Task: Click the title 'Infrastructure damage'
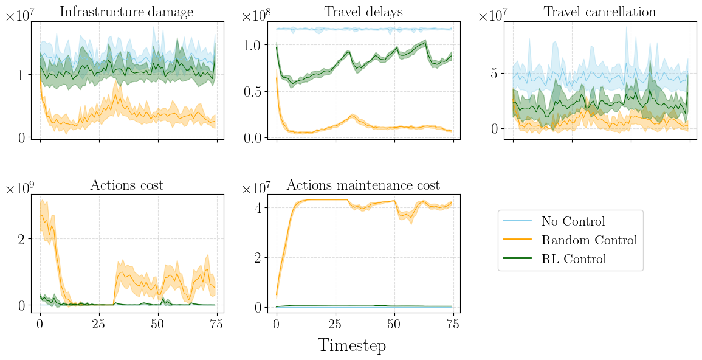point(126,12)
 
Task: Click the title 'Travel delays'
point(363,12)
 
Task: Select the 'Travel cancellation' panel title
point(599,12)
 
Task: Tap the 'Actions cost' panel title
point(126,185)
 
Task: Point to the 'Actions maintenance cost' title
point(363,185)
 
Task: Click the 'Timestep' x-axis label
point(351,345)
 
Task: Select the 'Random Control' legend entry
point(589,240)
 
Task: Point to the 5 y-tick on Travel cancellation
point(495,74)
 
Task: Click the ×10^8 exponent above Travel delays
point(255,16)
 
